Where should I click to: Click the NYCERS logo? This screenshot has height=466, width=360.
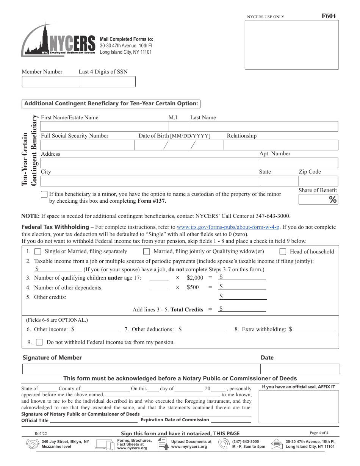coord(58,41)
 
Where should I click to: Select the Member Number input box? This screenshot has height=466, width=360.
coord(50,81)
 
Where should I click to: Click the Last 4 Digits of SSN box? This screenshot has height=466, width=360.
coord(107,81)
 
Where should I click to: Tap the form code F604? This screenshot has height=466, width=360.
coord(328,16)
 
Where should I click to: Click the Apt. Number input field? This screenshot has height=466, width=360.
coord(298,163)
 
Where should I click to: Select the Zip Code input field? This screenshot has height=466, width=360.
coord(318,181)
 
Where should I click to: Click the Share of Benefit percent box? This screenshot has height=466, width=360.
coord(318,200)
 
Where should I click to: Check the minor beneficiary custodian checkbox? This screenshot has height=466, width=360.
coord(44,194)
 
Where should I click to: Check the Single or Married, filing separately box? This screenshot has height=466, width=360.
coord(38,252)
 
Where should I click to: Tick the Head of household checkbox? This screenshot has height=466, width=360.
coord(283,252)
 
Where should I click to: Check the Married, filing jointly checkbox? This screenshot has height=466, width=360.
coord(146,252)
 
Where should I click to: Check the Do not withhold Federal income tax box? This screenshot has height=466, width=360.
coord(39,342)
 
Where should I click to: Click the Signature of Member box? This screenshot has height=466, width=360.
coord(141,369)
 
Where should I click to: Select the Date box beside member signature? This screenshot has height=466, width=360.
coord(300,369)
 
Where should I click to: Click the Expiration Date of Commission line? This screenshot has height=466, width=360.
coord(231,420)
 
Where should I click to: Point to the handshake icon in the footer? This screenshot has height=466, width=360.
coord(32,444)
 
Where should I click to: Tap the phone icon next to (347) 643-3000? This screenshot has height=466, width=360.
coord(224,444)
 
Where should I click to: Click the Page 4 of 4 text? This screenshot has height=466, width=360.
coord(319,433)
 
